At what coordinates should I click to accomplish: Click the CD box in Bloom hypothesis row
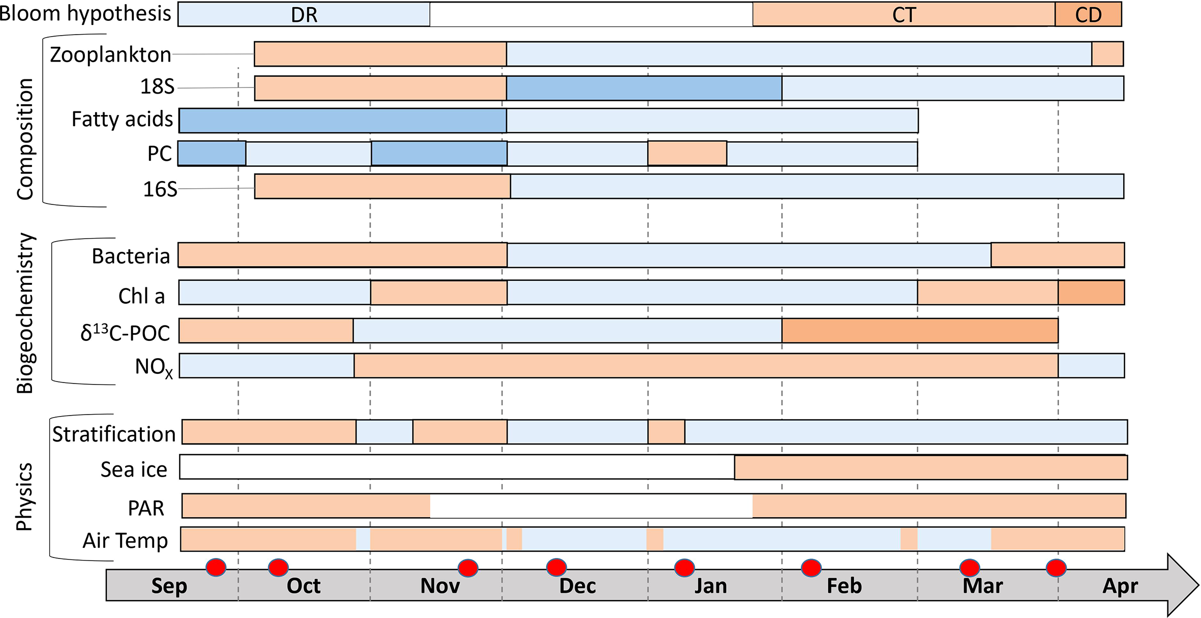tap(1088, 14)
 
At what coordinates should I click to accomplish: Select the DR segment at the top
tap(304, 14)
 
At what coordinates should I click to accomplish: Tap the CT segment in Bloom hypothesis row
tap(904, 14)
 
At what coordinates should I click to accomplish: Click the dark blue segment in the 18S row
tap(644, 88)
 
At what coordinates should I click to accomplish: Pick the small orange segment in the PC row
tap(687, 153)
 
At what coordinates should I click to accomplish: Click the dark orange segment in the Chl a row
tap(1091, 292)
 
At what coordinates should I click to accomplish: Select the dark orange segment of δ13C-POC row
tap(919, 331)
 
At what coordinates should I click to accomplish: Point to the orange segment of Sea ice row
tap(930, 467)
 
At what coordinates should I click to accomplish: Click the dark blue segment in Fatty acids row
tap(343, 121)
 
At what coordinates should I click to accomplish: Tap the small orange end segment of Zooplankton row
tap(1107, 54)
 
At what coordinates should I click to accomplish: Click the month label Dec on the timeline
tap(577, 586)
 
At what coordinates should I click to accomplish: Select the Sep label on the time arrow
tap(169, 586)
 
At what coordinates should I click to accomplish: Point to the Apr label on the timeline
tap(1120, 586)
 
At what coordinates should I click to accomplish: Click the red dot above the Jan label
tap(684, 567)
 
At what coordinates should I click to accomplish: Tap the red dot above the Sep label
tap(216, 567)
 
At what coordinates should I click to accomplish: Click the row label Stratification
tap(114, 434)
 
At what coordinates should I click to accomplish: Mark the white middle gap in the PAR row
tap(591, 506)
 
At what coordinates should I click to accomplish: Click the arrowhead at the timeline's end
tap(1182, 585)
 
